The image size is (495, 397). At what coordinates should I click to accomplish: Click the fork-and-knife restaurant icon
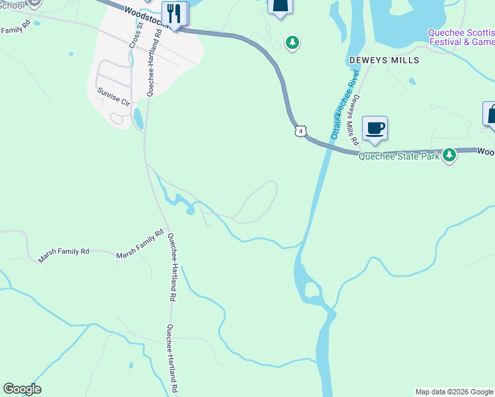[175, 13]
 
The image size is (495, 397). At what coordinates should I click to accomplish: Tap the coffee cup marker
[375, 128]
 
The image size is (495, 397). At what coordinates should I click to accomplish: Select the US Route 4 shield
[301, 132]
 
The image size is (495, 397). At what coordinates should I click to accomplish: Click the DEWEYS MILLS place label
[384, 60]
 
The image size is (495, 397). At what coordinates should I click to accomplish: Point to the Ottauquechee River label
[344, 106]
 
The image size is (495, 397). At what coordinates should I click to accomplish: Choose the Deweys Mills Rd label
[355, 120]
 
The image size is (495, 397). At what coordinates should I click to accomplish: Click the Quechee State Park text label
[400, 157]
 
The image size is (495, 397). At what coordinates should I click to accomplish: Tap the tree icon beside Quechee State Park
[450, 155]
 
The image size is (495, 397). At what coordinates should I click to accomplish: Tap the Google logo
[22, 389]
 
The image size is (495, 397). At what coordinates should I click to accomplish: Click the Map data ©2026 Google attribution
[454, 392]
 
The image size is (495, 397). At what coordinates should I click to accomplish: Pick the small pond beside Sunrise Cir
[138, 118]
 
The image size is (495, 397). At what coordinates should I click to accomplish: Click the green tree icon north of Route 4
[292, 43]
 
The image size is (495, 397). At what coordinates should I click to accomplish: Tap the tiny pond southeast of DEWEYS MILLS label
[412, 82]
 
